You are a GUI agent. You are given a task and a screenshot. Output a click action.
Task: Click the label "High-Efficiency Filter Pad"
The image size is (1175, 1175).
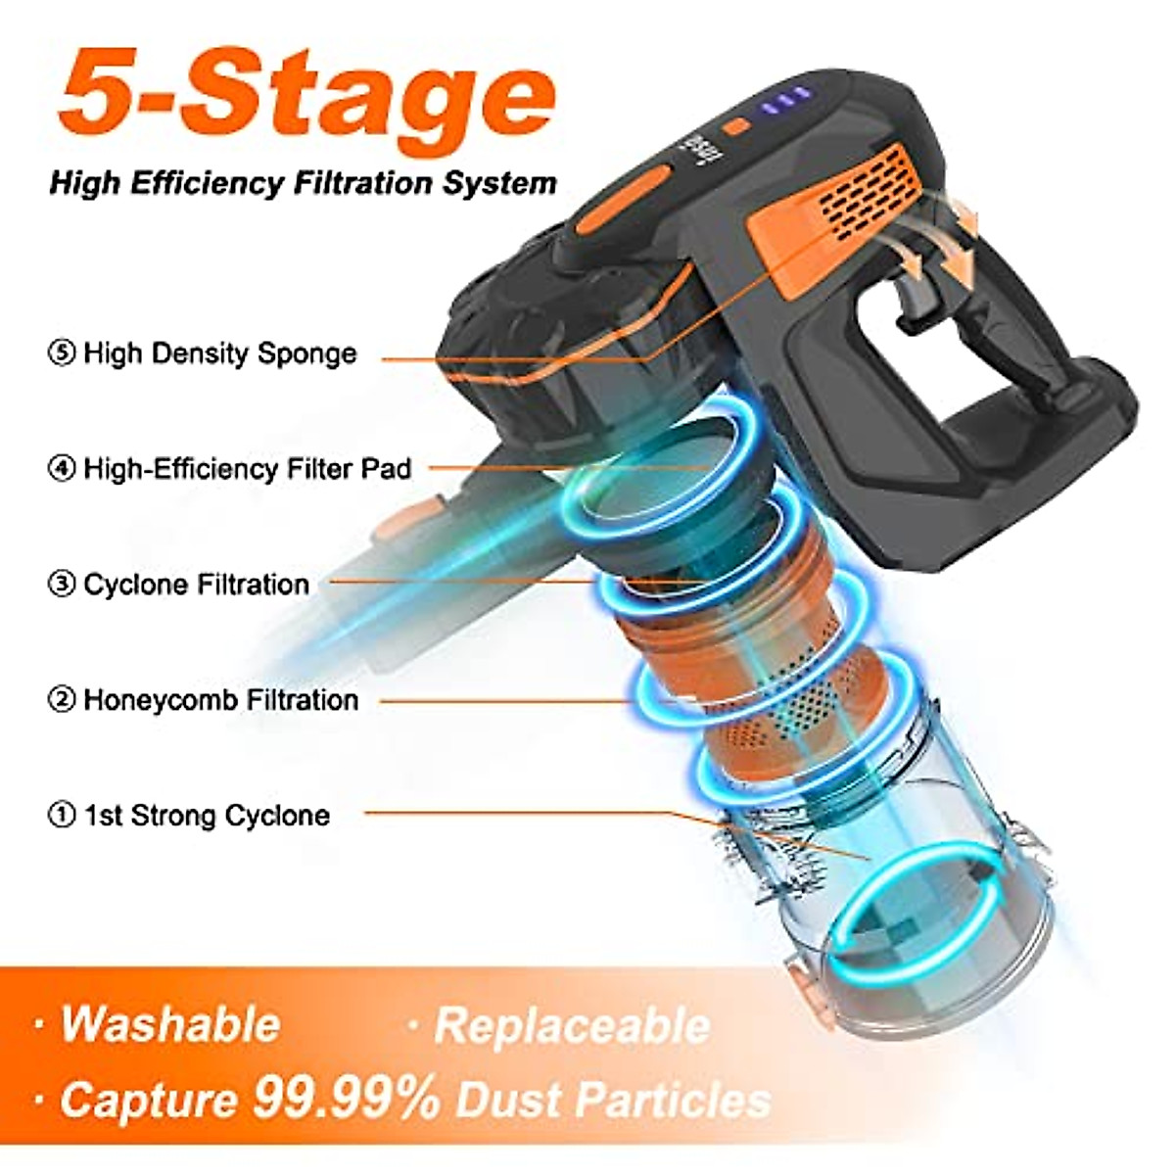pyautogui.click(x=247, y=469)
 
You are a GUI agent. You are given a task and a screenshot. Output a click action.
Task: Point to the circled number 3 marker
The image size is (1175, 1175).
pyautogui.click(x=62, y=586)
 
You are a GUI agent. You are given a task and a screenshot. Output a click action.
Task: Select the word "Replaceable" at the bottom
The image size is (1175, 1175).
pyautogui.click(x=572, y=1026)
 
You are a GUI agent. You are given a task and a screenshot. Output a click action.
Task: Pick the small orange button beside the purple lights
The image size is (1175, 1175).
pyautogui.click(x=736, y=127)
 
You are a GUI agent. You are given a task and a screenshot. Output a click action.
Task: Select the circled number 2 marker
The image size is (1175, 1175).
pyautogui.click(x=62, y=700)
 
